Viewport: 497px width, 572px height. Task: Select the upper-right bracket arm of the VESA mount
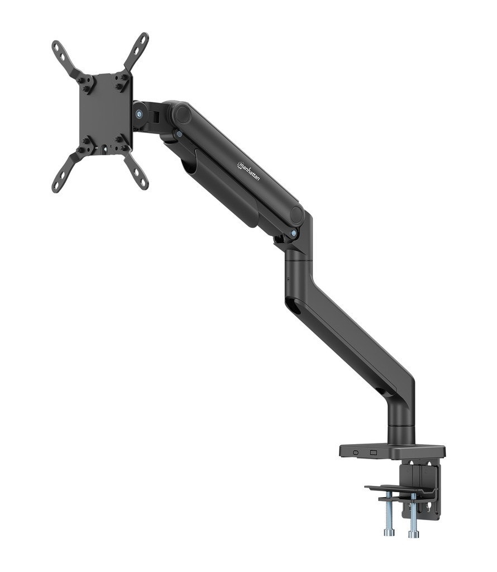pos(136,51)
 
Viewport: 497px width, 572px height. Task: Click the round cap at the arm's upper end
pos(180,114)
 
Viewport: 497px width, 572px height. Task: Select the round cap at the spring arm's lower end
pos(297,214)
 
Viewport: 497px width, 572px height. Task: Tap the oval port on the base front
pos(356,452)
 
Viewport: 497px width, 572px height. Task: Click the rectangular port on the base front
pos(374,452)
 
